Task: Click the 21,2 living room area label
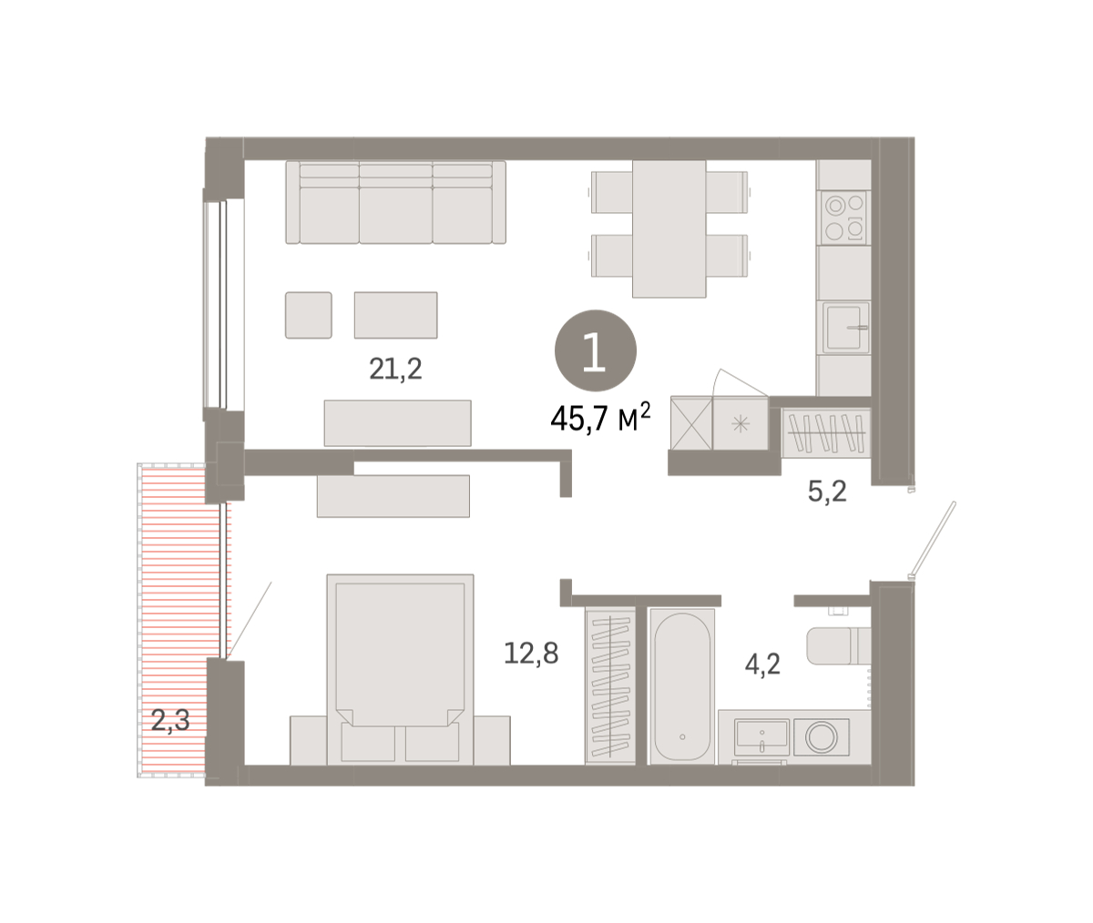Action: tap(395, 369)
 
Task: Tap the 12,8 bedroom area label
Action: tap(531, 653)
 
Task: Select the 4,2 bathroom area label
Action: tap(762, 664)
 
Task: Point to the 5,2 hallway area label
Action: tap(827, 492)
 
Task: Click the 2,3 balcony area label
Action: tap(170, 720)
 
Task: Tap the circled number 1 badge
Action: tap(595, 350)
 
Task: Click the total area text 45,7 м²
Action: tap(600, 418)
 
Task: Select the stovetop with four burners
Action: tap(843, 218)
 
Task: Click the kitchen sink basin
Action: tap(845, 327)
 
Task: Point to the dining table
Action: tap(669, 228)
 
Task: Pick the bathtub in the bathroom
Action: tap(682, 686)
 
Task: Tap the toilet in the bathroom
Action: tap(839, 645)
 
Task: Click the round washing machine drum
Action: tap(822, 737)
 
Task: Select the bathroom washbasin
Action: tap(761, 737)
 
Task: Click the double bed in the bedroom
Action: tap(400, 669)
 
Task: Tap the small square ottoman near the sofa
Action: tap(309, 315)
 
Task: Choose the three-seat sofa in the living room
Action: tap(395, 202)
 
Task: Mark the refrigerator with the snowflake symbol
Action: tap(741, 423)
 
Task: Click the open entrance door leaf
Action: tap(934, 540)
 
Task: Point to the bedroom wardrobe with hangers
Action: tap(610, 686)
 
